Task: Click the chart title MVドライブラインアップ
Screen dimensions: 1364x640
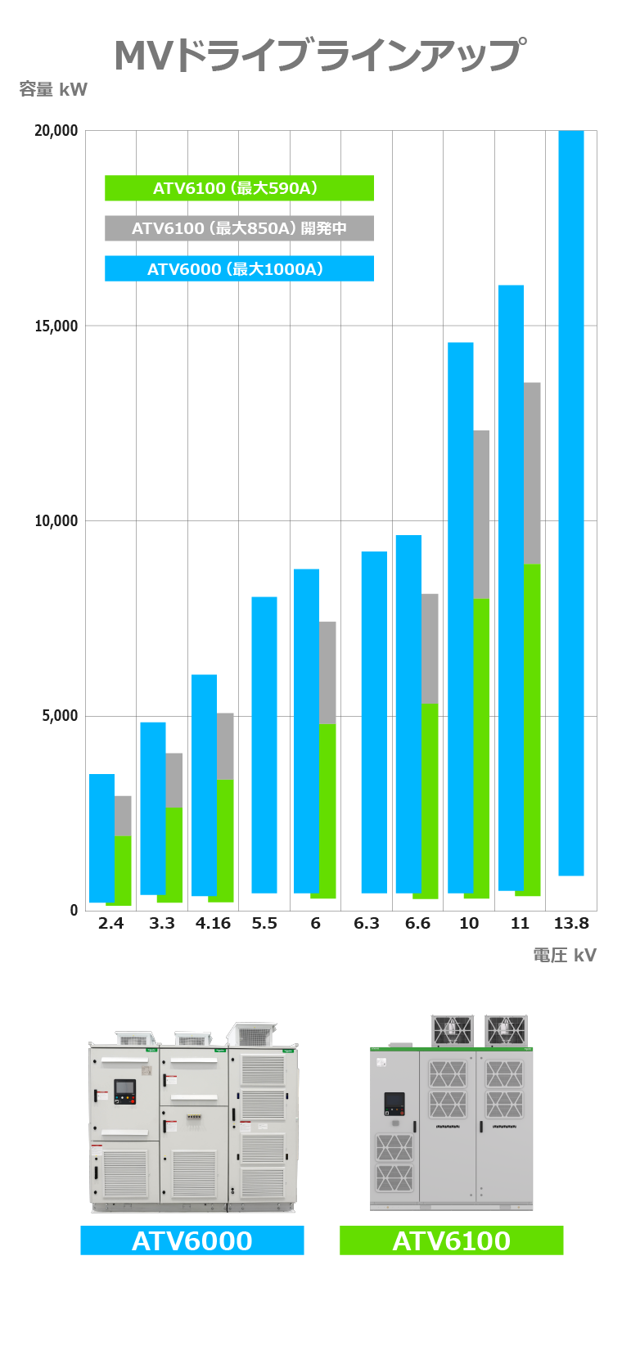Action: [319, 55]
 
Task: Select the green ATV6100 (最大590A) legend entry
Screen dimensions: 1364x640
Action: [239, 188]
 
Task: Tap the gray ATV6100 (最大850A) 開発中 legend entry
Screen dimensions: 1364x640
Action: [239, 228]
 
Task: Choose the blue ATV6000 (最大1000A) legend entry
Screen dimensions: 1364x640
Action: [239, 269]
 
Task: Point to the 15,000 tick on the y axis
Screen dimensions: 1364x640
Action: [56, 326]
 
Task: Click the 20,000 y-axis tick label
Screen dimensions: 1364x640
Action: [56, 131]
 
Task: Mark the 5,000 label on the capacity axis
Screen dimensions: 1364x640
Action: [60, 716]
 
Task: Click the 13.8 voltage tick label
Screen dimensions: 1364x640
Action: [570, 924]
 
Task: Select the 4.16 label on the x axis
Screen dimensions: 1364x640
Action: [213, 924]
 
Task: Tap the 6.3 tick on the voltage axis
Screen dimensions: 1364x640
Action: [366, 924]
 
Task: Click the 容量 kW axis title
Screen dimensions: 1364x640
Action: [53, 90]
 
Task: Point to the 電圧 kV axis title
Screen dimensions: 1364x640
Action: [564, 956]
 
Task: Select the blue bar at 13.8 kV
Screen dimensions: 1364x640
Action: [570, 502]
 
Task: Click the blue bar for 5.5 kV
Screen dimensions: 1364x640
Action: [264, 745]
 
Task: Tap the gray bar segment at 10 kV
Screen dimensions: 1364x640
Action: [481, 514]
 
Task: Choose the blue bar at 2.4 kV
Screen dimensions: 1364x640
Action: [101, 838]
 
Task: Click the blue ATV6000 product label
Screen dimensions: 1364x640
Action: [192, 1240]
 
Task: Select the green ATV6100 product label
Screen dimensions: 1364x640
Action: [451, 1240]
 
